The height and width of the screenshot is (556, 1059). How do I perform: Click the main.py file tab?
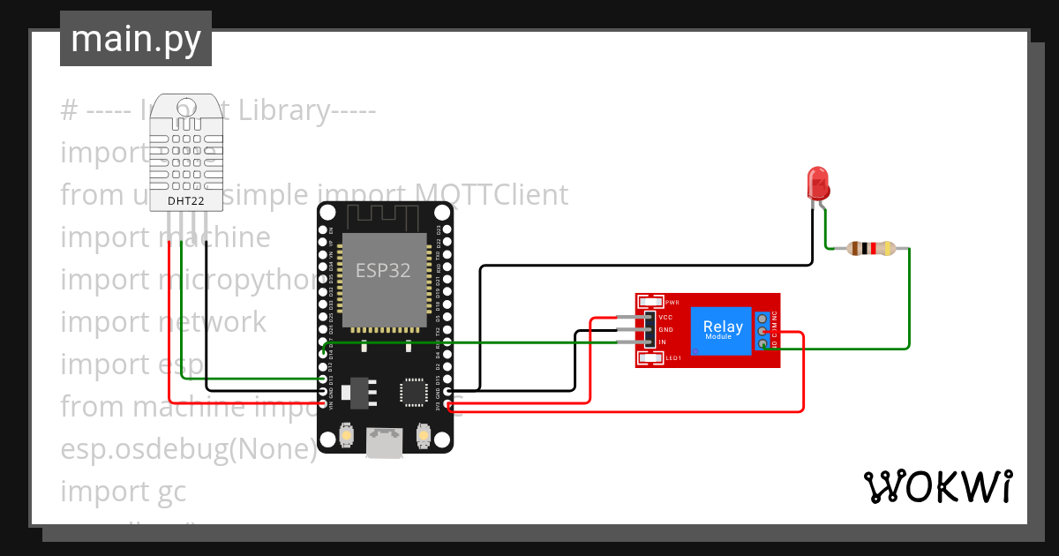[135, 39]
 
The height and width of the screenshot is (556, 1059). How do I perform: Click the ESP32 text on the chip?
[383, 271]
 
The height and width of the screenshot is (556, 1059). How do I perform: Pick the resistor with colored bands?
[870, 249]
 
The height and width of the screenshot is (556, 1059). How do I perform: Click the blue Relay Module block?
[722, 331]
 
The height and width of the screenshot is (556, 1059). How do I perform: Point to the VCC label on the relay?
[666, 316]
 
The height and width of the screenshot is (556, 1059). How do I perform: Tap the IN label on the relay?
[662, 342]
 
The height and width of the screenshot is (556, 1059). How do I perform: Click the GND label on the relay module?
[666, 329]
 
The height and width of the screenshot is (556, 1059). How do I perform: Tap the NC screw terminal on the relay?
[762, 316]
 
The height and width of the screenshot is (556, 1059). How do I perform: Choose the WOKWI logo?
[937, 486]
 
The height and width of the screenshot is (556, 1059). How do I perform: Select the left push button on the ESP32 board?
[346, 435]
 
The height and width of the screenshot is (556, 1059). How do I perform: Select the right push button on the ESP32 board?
[424, 435]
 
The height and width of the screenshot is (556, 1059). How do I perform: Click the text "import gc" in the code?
[124, 491]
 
